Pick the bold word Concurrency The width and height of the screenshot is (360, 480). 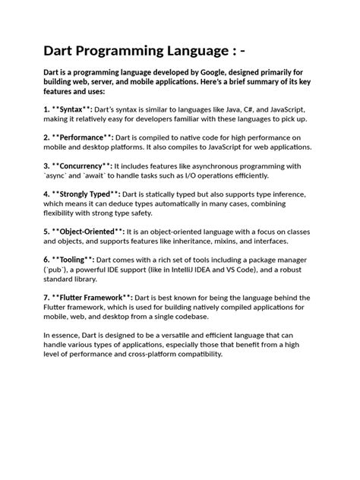tap(87, 165)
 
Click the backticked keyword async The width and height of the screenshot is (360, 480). tap(60, 175)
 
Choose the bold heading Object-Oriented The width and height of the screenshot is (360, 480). tap(97, 230)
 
